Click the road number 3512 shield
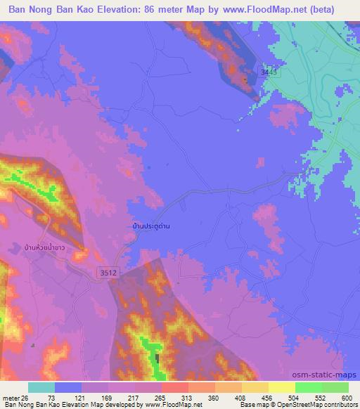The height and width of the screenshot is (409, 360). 102,270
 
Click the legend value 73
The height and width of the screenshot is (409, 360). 51,397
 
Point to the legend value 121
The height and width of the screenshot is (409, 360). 85,397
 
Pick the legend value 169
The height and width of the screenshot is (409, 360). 119,397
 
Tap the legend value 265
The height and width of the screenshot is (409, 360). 186,397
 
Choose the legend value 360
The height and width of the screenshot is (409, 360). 253,397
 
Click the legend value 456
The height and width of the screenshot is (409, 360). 321,397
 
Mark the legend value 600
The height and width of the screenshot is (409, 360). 345,397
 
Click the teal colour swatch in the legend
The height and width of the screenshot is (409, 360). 41,387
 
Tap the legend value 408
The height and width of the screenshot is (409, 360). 287,397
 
